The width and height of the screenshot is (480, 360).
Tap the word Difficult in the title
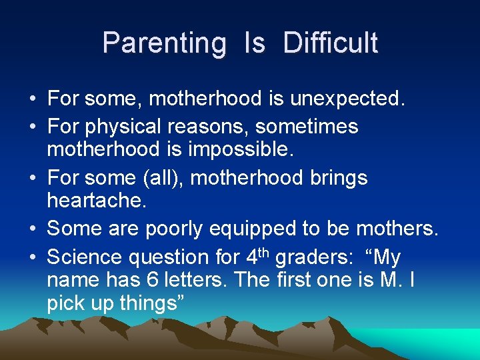(x=330, y=43)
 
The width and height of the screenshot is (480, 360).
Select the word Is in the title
(x=255, y=43)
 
